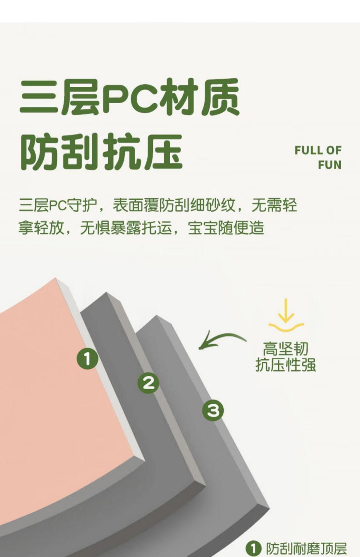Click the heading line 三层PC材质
click(129, 97)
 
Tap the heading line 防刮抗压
click(101, 152)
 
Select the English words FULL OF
click(318, 150)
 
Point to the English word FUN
click(330, 165)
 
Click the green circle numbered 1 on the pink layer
click(87, 358)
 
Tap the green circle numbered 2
click(148, 383)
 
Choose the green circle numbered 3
click(213, 410)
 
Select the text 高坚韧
click(285, 348)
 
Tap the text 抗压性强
click(285, 365)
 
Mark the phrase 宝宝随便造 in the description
click(226, 228)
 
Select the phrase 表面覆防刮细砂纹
click(174, 205)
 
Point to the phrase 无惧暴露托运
click(126, 228)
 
